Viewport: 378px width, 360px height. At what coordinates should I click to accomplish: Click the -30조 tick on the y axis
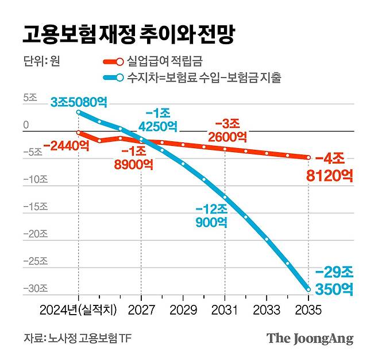tap(26, 288)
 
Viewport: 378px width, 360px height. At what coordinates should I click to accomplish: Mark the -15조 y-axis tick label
tap(26, 207)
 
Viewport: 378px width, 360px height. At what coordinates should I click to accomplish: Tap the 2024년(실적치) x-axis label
tap(78, 310)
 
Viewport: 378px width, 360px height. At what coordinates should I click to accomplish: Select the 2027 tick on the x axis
tap(141, 310)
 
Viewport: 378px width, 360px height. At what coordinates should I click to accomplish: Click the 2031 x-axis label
tap(225, 310)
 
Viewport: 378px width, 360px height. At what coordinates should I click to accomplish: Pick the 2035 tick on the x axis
tap(308, 310)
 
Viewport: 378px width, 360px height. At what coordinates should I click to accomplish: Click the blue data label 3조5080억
tap(79, 102)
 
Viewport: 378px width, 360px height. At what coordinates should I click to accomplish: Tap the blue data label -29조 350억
tap(337, 280)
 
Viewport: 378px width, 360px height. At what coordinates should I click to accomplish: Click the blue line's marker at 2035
tap(308, 289)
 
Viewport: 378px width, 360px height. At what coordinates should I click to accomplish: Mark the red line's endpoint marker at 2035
tap(308, 157)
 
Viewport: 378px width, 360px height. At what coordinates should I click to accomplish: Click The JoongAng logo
tap(310, 338)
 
